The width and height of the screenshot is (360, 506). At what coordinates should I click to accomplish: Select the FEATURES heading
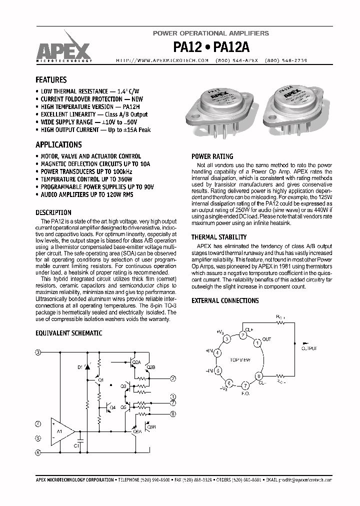[51, 79]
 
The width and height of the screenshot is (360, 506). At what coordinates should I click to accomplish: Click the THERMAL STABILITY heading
[219, 237]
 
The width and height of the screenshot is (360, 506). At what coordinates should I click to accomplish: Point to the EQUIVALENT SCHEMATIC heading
[69, 333]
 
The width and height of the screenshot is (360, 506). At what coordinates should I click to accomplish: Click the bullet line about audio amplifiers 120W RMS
[87, 195]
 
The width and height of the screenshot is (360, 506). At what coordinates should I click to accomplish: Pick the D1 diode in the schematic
[88, 367]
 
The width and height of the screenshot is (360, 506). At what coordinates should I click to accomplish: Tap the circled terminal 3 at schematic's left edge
[37, 352]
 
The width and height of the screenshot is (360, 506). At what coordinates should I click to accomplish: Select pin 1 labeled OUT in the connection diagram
[257, 343]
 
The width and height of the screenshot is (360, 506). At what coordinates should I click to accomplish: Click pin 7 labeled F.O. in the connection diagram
[245, 385]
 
